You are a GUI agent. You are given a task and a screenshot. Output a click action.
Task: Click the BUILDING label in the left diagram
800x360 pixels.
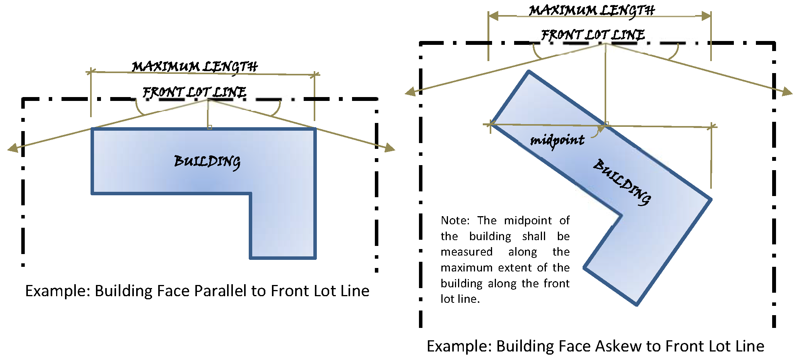click(x=207, y=161)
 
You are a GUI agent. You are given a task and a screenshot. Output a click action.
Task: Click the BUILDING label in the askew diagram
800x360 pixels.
click(x=622, y=182)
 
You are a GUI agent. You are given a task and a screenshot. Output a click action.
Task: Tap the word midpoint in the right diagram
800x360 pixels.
click(x=557, y=140)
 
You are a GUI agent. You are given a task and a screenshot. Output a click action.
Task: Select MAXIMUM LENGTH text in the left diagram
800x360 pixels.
click(x=195, y=67)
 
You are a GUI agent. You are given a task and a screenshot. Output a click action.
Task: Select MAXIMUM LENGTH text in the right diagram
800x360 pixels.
click(x=592, y=10)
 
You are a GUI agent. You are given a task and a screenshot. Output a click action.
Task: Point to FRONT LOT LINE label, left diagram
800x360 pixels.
click(x=194, y=92)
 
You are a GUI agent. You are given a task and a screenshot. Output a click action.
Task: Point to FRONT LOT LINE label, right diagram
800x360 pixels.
click(x=593, y=35)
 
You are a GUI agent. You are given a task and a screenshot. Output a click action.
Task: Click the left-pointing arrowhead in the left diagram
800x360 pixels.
click(x=13, y=148)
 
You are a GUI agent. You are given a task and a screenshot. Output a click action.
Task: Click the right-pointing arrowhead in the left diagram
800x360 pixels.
click(x=390, y=148)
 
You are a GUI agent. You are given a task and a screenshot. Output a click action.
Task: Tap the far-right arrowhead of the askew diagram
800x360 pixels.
click(x=787, y=92)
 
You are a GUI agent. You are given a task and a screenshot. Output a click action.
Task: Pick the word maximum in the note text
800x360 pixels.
click(x=467, y=268)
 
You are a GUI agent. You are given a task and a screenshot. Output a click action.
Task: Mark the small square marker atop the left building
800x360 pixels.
click(x=210, y=127)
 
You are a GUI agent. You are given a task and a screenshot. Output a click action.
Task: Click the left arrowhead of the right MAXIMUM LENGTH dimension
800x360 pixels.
click(x=493, y=16)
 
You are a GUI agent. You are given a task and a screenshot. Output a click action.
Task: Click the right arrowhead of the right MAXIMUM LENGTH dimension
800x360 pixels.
click(x=706, y=16)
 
